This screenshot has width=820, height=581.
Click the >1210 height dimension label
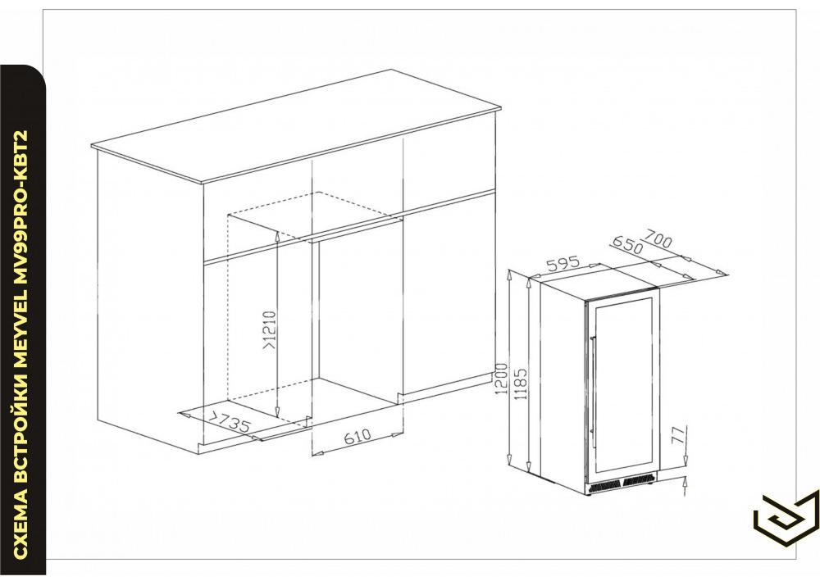pyautogui.click(x=269, y=331)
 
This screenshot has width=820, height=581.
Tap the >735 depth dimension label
pyautogui.click(x=230, y=422)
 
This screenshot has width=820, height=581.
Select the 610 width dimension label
pyautogui.click(x=358, y=437)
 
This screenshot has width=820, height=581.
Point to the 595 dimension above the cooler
pyautogui.click(x=563, y=264)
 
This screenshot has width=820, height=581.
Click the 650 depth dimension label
pyautogui.click(x=626, y=245)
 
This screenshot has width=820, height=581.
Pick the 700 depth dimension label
pyautogui.click(x=658, y=238)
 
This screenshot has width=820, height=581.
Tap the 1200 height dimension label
pyautogui.click(x=502, y=379)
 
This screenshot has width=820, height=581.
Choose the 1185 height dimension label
pyautogui.click(x=521, y=384)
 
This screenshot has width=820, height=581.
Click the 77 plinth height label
pyautogui.click(x=678, y=434)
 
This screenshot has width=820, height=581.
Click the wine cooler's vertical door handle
pyautogui.click(x=592, y=387)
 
